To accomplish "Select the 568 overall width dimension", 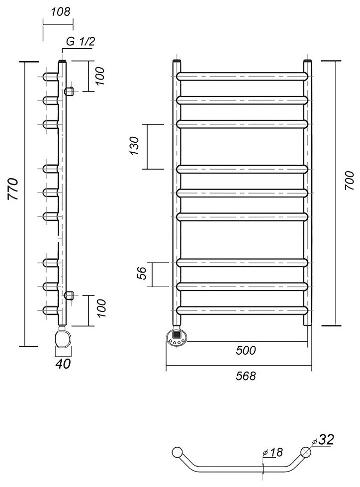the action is pos(246,376).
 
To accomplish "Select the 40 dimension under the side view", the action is pos(63,364).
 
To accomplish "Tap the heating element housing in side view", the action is pos(63,339).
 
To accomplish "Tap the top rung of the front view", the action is pos(242,76).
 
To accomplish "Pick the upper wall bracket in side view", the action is pos(70,91).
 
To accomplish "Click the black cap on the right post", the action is pos(308,62).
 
